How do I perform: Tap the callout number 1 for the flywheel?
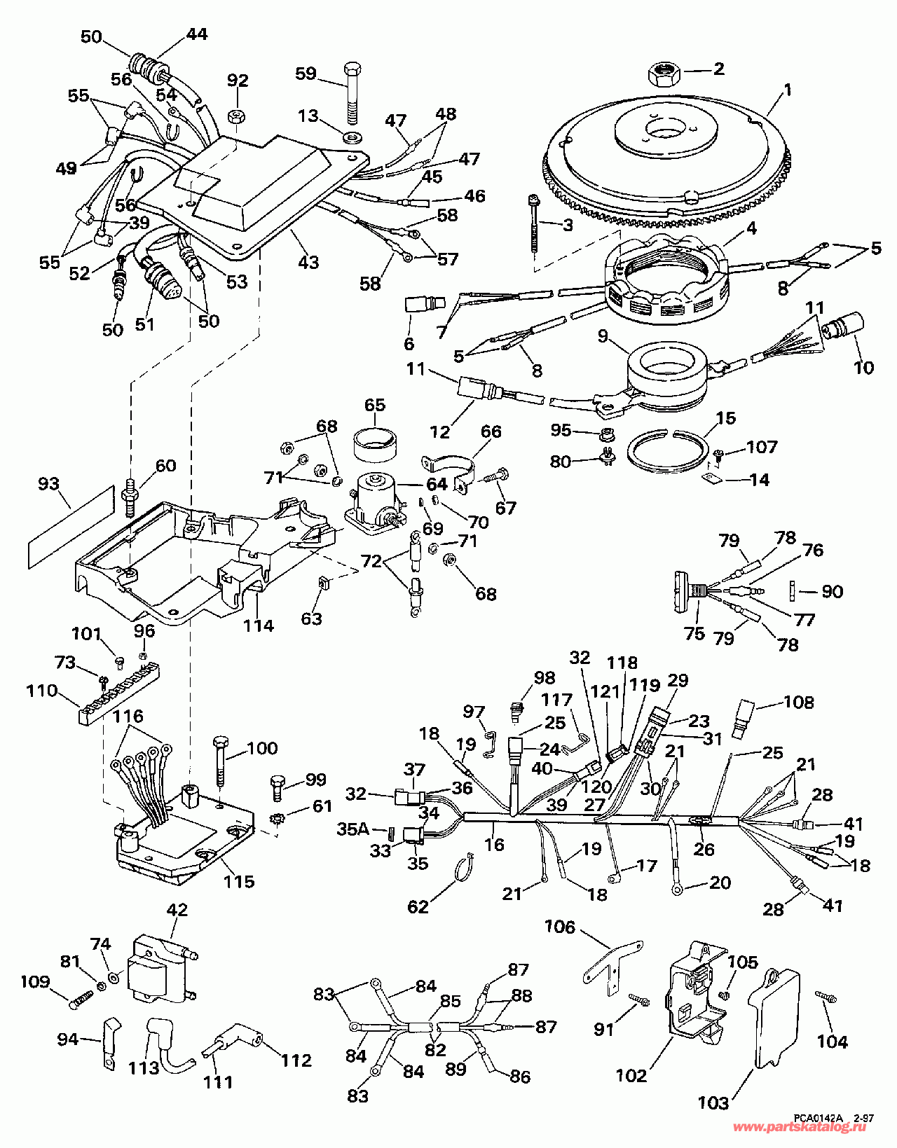pyautogui.click(x=788, y=90)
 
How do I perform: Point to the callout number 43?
pyautogui.click(x=308, y=262)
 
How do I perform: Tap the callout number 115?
pyautogui.click(x=238, y=881)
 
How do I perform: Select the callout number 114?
pyautogui.click(x=259, y=625)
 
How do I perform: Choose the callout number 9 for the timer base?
pyautogui.click(x=603, y=336)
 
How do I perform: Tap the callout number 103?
pyautogui.click(x=713, y=1103)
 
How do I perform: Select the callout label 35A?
pyautogui.click(x=352, y=829)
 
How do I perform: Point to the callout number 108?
pyautogui.click(x=800, y=702)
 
